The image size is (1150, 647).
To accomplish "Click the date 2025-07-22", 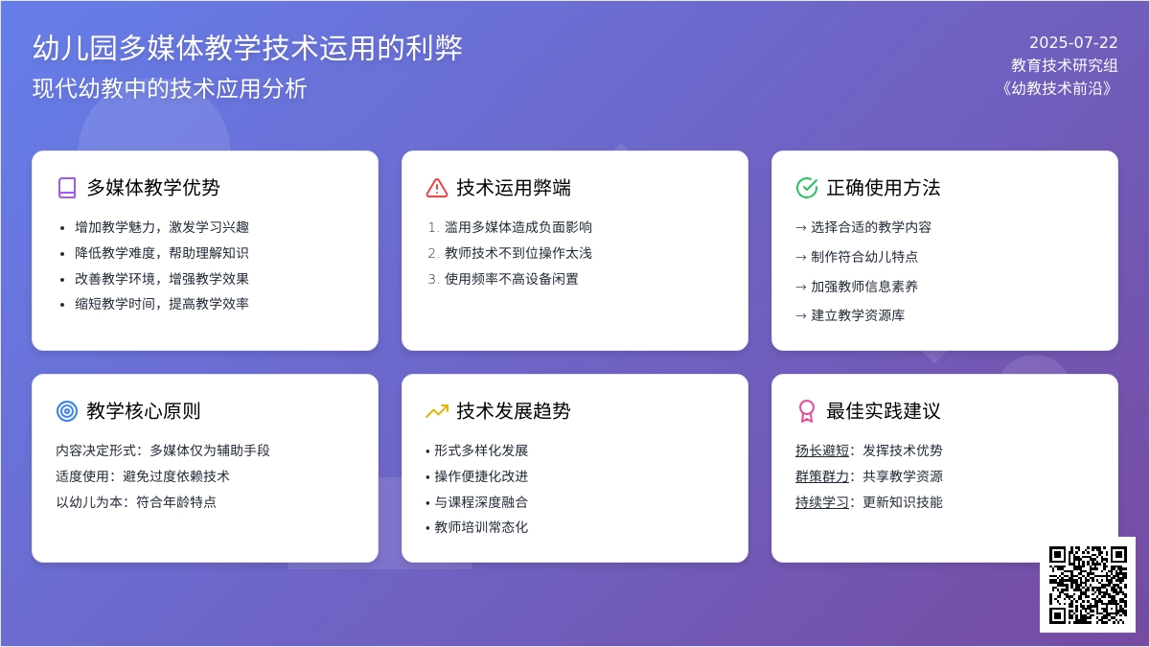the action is tap(1073, 42).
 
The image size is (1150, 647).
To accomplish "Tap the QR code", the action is tap(1088, 585).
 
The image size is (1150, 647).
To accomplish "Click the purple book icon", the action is tap(67, 188).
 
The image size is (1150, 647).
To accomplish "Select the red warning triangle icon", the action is tap(437, 188).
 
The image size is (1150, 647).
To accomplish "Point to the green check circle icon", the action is tap(807, 188).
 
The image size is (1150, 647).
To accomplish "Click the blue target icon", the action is tap(67, 411).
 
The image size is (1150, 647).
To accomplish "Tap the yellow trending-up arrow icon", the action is tap(437, 411).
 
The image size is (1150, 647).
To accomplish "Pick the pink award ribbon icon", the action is tap(807, 411).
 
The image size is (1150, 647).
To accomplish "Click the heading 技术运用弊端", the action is tap(514, 188).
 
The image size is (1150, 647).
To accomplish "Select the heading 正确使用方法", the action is tap(883, 188).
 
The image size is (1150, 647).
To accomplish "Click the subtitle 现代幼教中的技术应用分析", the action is tap(170, 88).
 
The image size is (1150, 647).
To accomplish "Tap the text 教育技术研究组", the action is tap(1065, 65).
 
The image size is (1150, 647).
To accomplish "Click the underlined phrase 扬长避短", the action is tap(822, 451).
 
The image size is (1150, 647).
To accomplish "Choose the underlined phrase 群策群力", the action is tap(822, 476).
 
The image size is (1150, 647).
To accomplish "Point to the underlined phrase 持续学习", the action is tap(822, 501).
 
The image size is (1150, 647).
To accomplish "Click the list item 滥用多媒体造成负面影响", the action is tap(518, 227).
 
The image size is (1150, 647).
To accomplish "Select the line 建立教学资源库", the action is tap(858, 315).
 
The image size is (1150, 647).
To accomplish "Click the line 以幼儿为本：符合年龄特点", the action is tap(136, 501).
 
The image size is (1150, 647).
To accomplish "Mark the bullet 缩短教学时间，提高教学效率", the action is tap(162, 304).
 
